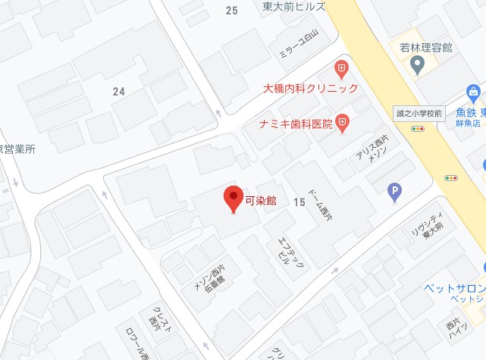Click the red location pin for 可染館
234,198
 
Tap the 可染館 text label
261,201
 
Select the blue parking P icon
394,193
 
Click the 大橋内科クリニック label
311,89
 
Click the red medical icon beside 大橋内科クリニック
342,69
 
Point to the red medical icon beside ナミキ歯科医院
343,122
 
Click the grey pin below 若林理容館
416,66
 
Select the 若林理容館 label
426,47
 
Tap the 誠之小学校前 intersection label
419,114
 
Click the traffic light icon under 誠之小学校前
418,130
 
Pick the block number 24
118,92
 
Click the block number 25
231,10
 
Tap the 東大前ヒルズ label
293,6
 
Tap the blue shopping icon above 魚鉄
475,93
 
